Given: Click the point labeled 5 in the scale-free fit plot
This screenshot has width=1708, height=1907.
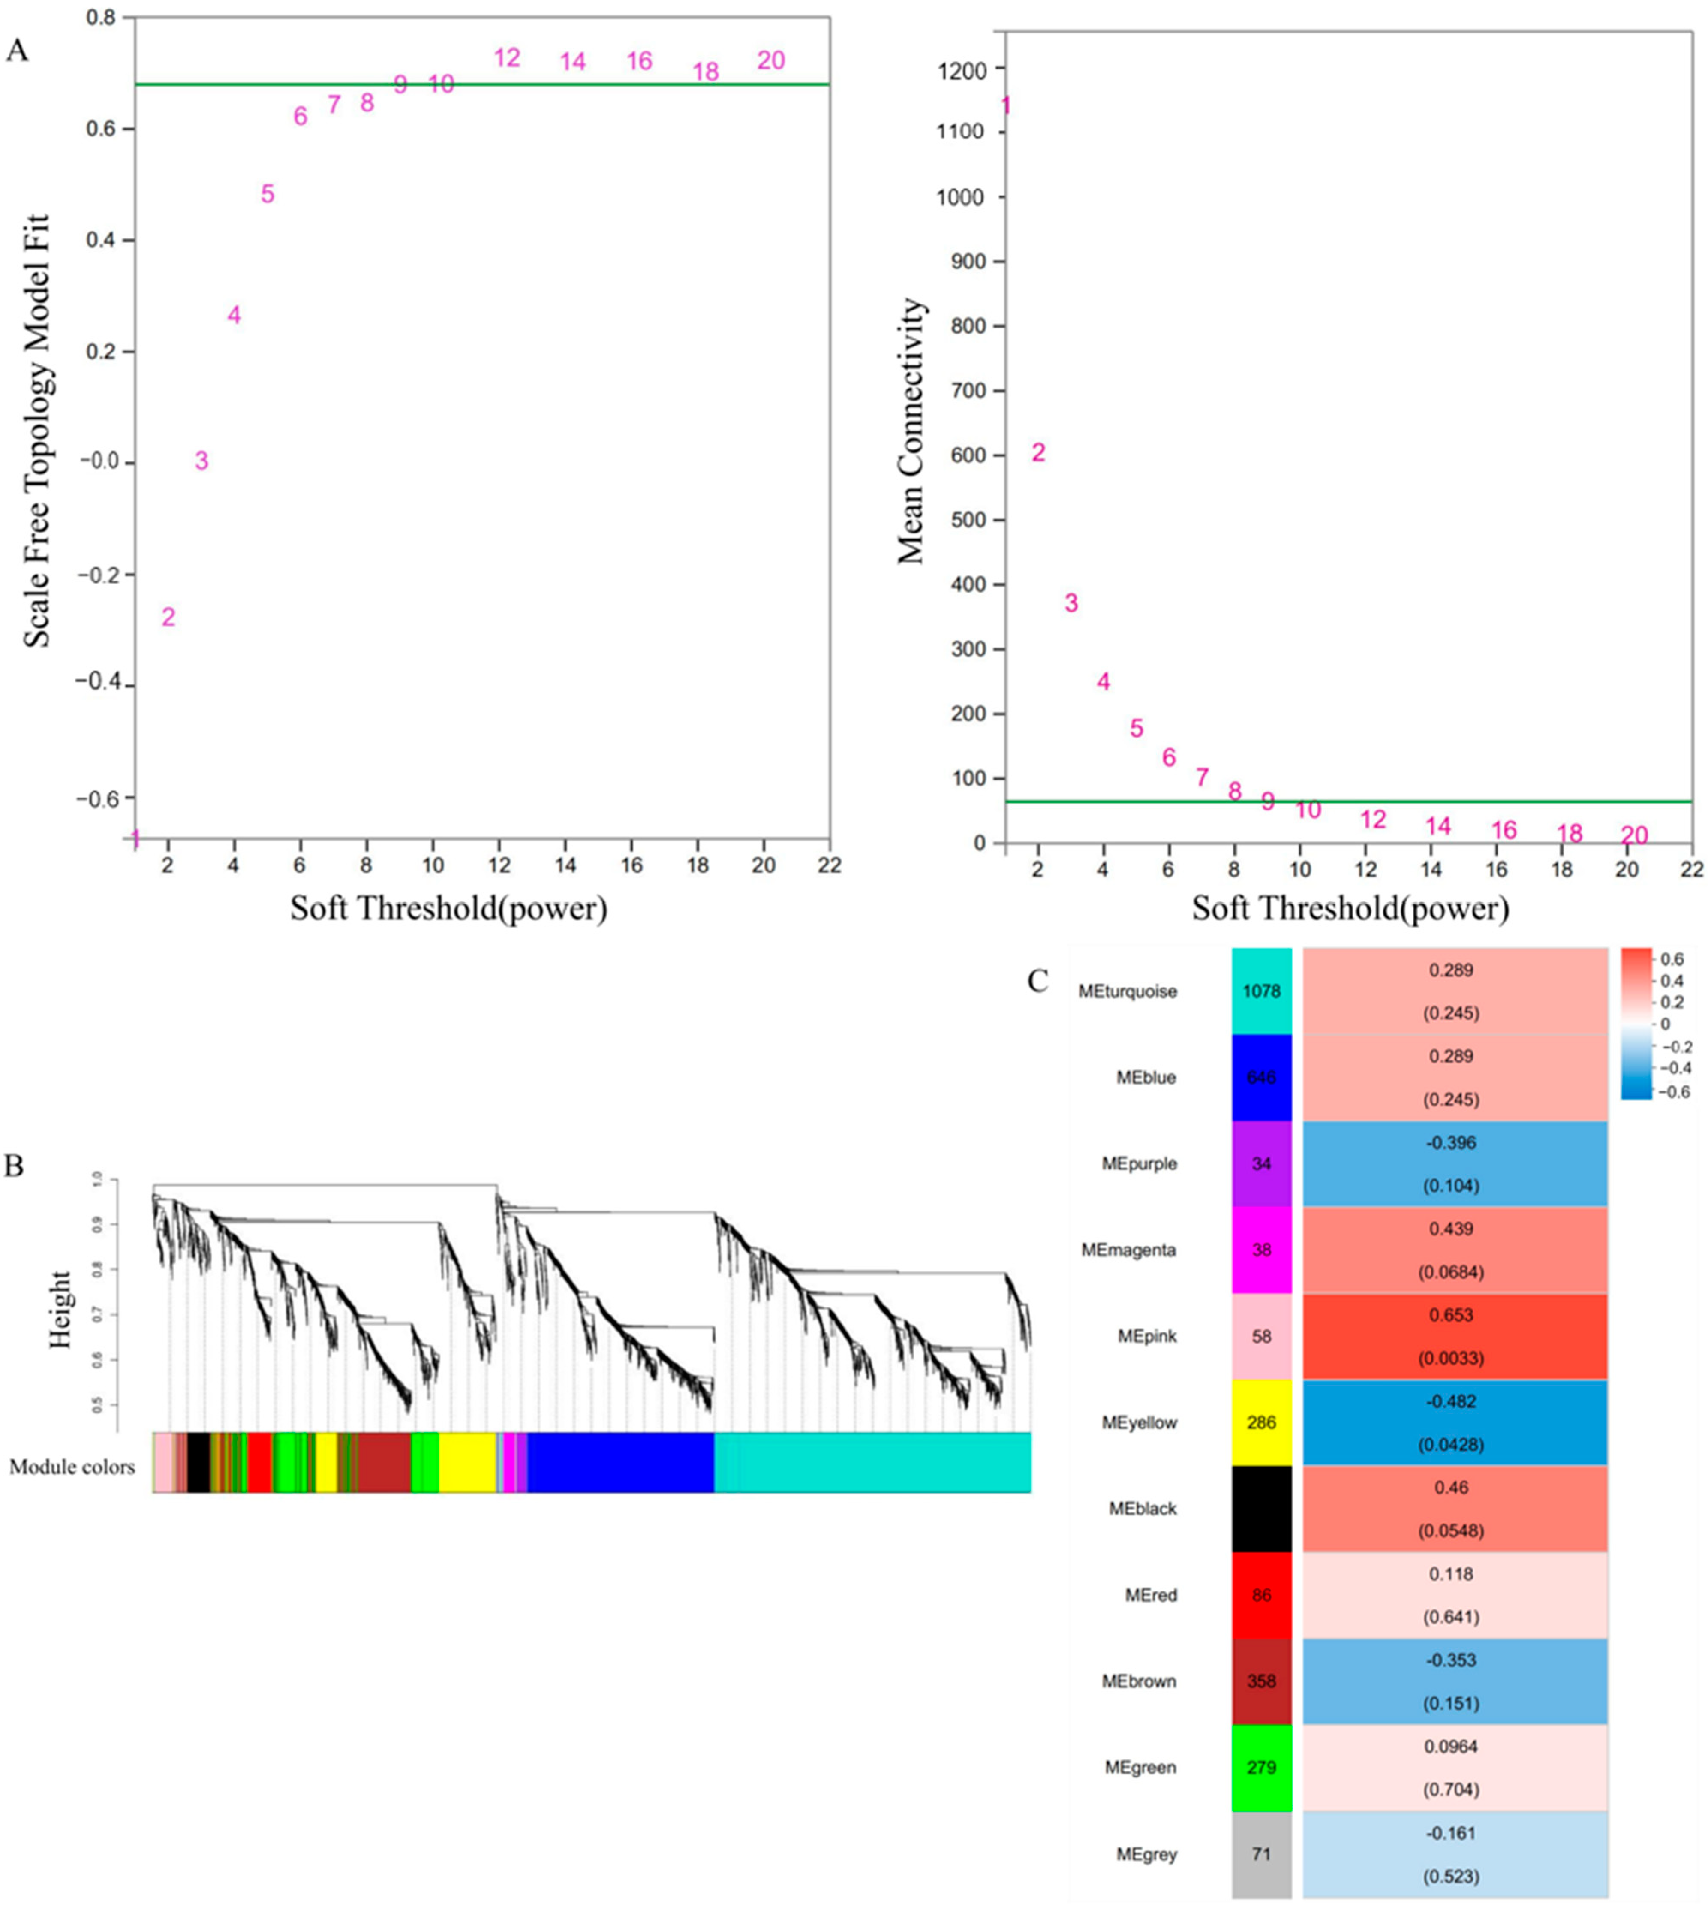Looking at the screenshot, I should pyautogui.click(x=268, y=194).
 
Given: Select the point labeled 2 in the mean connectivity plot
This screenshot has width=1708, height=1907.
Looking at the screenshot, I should pyautogui.click(x=1038, y=452).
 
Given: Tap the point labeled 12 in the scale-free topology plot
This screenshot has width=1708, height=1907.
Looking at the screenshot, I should pyautogui.click(x=507, y=58).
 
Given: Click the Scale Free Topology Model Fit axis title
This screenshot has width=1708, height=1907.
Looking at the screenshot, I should pyautogui.click(x=38, y=432).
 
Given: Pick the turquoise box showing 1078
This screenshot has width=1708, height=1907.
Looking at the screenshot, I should pyautogui.click(x=1261, y=991).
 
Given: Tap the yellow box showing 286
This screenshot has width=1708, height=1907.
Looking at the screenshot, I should pyautogui.click(x=1261, y=1423).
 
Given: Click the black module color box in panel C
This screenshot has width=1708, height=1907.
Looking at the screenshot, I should pyautogui.click(x=1261, y=1509).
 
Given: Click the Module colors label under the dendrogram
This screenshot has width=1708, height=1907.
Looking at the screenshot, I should pyautogui.click(x=72, y=1467).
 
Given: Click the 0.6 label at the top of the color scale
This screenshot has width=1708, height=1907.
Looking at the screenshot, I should pyautogui.click(x=1672, y=959).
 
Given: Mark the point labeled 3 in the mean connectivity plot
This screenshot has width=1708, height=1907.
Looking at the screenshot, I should pyautogui.click(x=1071, y=603).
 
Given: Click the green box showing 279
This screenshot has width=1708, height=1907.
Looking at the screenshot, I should pyautogui.click(x=1261, y=1768).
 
